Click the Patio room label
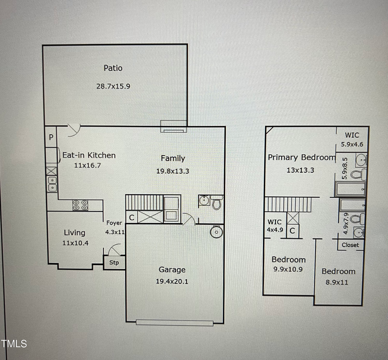(113, 68)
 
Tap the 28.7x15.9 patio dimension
(113, 86)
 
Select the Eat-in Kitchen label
(89, 155)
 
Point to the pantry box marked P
(51, 138)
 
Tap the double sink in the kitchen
(51, 184)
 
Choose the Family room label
(173, 158)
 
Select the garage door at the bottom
(175, 322)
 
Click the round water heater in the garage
(215, 232)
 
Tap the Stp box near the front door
(114, 262)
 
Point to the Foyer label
(114, 223)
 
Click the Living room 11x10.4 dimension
(75, 243)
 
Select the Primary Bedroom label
(301, 158)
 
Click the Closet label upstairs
(350, 245)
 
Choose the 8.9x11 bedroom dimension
(338, 283)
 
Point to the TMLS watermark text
(14, 344)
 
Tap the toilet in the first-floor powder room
(216, 202)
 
